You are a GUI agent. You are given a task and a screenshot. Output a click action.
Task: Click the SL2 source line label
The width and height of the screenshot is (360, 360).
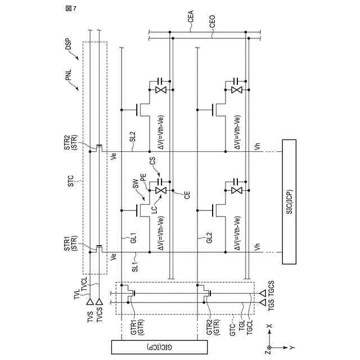pyautogui.click(x=133, y=137)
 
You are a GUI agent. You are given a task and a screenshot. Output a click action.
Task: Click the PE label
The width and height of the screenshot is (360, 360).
pyautogui.click(x=143, y=177)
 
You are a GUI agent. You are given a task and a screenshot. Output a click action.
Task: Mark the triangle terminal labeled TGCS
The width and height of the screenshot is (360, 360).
pyautogui.click(x=263, y=293)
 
